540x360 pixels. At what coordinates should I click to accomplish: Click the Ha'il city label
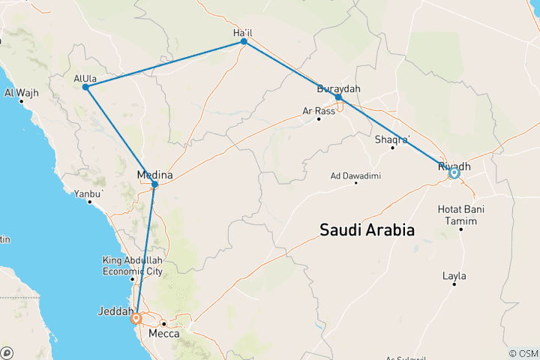click(244, 32)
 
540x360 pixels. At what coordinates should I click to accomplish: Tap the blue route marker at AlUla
click(86, 87)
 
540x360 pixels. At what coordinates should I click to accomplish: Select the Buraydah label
click(338, 88)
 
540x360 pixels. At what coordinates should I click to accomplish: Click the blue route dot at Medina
click(155, 184)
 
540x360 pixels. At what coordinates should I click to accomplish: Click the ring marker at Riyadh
click(454, 174)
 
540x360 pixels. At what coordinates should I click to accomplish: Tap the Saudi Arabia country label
click(367, 230)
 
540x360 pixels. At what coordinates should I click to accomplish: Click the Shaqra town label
click(391, 139)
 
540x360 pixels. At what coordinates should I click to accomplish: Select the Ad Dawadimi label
click(355, 176)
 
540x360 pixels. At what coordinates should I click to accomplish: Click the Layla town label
click(454, 276)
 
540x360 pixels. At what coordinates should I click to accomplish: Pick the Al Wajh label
click(21, 93)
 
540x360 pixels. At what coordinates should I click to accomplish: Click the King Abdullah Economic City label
click(131, 265)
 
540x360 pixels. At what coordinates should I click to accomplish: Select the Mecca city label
click(164, 333)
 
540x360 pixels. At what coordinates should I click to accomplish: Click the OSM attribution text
click(522, 353)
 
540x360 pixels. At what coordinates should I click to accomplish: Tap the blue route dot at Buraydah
click(339, 97)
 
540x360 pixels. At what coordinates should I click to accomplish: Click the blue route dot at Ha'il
click(244, 42)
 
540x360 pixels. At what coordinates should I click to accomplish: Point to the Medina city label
click(155, 175)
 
